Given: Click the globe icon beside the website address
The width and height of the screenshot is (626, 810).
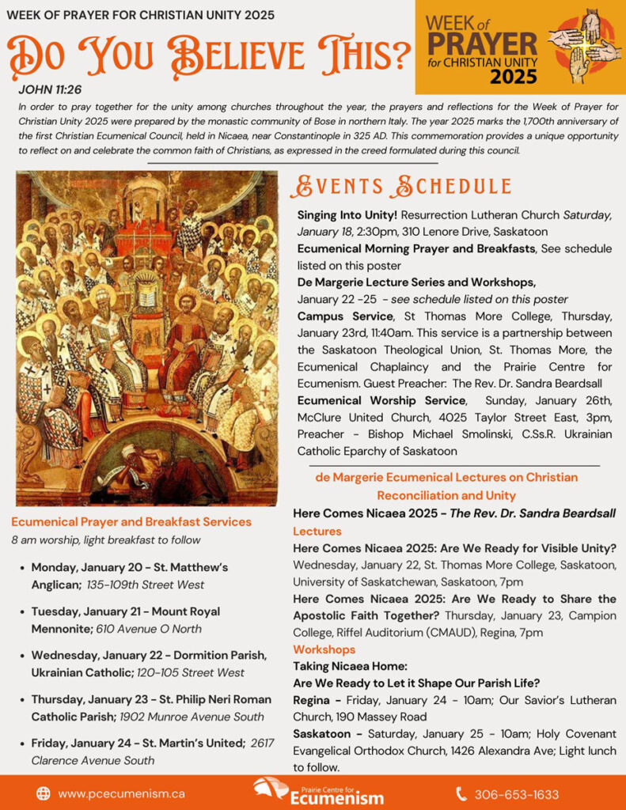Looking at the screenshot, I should [44, 793].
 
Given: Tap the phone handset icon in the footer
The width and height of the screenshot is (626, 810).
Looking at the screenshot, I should [461, 793].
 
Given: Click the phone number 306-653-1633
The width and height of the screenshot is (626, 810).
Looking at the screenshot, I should [517, 793].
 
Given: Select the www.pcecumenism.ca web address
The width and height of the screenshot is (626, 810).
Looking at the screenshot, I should [122, 793].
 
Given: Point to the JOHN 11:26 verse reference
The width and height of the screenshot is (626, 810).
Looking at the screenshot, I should [49, 89].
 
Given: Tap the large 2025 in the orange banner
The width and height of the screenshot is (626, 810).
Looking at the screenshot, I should [513, 77].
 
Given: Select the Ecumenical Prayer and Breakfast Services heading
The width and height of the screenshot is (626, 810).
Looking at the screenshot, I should [131, 521].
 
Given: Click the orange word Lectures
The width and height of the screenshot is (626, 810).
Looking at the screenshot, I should [317, 531].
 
